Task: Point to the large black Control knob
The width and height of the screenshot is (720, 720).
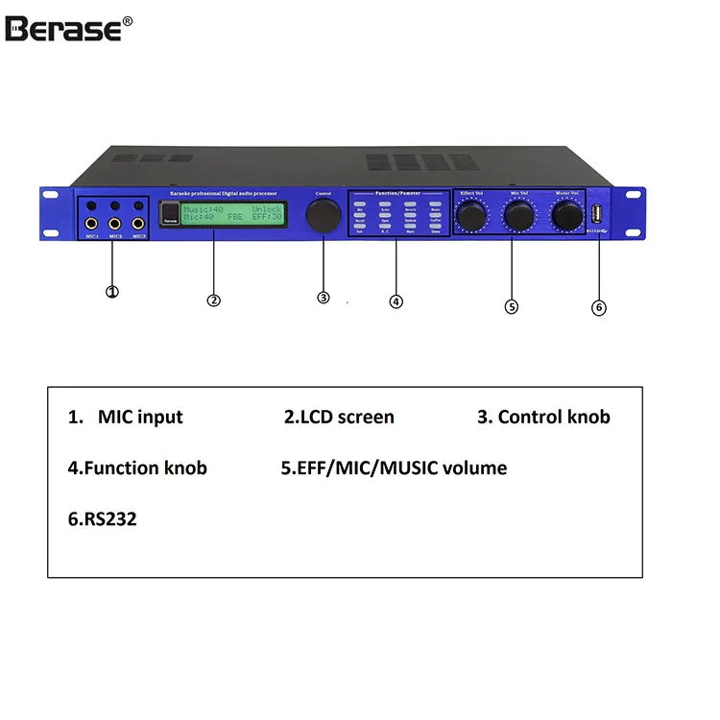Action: coord(324,216)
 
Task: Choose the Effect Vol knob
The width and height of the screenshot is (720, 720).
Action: coord(471,217)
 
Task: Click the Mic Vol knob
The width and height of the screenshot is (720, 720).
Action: coord(518,217)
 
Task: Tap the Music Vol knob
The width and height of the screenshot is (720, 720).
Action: coord(566,216)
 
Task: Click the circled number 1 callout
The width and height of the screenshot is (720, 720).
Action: coord(112,291)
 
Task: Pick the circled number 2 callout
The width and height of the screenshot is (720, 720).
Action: coord(214,300)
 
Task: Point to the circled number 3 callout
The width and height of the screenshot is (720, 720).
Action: coord(324,298)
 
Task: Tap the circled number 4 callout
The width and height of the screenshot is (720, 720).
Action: coord(396,300)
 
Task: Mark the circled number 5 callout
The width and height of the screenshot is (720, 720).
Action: coord(511,306)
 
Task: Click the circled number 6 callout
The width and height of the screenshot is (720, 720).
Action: coord(599,307)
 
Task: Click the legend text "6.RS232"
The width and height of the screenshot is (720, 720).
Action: coord(102,519)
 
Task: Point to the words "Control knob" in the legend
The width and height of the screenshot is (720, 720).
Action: coord(554,417)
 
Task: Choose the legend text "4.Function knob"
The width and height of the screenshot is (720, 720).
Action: coord(137,468)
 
